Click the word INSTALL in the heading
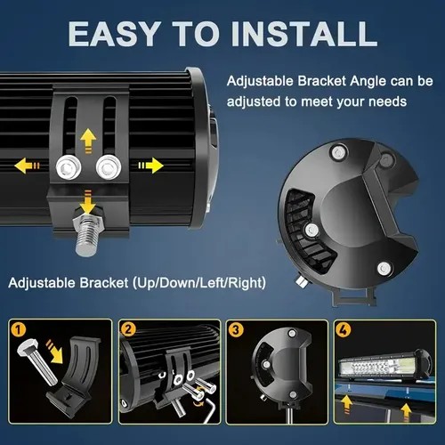[x=303, y=34]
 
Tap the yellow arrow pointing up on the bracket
[x=88, y=141]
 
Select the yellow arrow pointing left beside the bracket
[x=27, y=166]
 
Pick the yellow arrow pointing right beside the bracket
[x=150, y=166]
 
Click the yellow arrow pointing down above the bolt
[x=88, y=202]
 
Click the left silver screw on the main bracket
[x=69, y=167]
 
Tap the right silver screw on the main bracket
[x=109, y=167]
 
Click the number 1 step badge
[x=19, y=329]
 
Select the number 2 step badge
[x=128, y=329]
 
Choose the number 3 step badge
[x=236, y=329]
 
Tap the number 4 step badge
[x=344, y=329]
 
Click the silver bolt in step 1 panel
[x=37, y=363]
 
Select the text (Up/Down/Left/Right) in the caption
[x=199, y=283]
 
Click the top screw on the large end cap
[x=338, y=153]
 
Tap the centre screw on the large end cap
[x=311, y=230]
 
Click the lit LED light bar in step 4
[x=385, y=367]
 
